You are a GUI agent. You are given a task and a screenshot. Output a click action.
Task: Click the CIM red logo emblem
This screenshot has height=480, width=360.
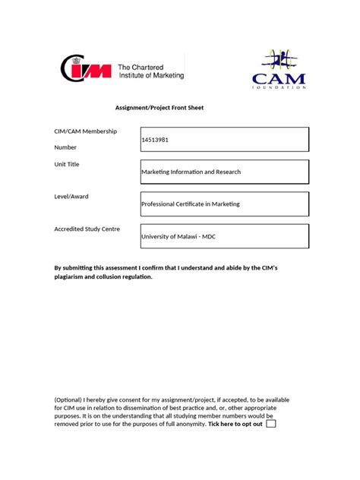86,71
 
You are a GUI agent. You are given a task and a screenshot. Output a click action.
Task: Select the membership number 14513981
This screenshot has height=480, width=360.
155,140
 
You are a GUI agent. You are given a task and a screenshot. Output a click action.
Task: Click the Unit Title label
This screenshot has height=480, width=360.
67,164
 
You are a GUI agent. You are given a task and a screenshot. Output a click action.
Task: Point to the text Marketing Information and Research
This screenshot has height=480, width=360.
191,172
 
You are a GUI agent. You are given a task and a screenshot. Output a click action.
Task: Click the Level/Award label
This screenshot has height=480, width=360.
71,196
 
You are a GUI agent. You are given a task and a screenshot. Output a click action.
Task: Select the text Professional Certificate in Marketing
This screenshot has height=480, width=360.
191,204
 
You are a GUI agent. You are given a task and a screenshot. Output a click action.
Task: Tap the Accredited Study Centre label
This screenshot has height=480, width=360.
87,229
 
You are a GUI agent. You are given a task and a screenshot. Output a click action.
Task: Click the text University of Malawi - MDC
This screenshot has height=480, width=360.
178,236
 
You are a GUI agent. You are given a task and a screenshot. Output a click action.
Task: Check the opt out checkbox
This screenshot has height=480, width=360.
271,424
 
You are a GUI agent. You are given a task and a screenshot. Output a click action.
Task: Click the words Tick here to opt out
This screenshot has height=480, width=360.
235,424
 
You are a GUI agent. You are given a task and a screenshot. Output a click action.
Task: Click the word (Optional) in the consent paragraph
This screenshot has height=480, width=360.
70,399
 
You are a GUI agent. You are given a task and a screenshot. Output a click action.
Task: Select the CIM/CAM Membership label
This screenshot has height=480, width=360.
85,131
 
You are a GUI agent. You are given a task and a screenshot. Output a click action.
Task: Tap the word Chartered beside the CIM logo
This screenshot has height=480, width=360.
157,66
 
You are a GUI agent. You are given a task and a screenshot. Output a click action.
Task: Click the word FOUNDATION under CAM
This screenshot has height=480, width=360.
279,87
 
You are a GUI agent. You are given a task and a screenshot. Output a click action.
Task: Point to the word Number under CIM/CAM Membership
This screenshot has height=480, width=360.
66,147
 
